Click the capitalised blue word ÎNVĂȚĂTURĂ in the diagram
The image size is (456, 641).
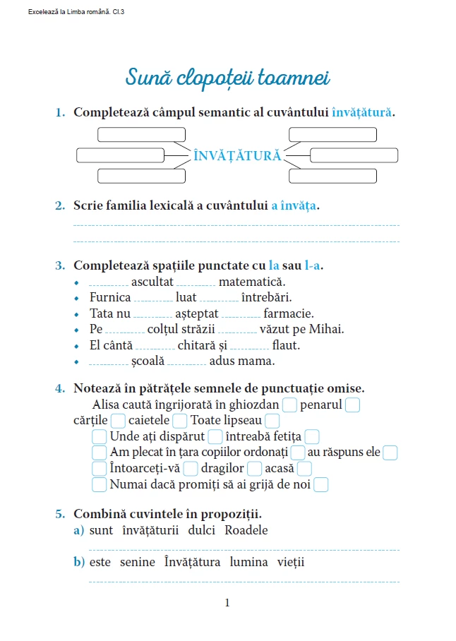237,155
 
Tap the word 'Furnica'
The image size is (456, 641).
110,298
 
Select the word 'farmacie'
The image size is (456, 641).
288,313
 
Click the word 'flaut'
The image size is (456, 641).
286,345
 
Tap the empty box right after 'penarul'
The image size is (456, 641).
353,405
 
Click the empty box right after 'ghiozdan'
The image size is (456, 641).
289,405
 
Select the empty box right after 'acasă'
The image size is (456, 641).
304,469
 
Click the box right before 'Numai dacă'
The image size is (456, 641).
100,484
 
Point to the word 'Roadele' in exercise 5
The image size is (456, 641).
246,530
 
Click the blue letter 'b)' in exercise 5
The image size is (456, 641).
78,562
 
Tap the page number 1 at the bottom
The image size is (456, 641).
227,602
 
